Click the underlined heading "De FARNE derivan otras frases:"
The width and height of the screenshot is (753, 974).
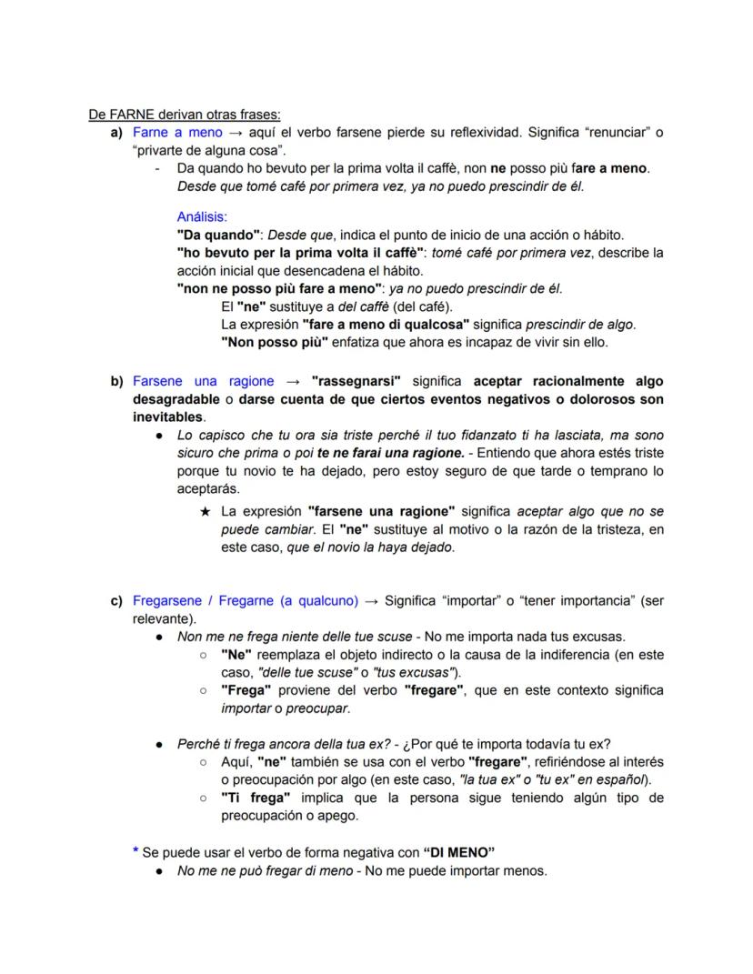pos(185,115)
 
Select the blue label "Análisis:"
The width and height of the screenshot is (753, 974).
pos(202,217)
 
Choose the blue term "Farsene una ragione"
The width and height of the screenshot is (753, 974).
pos(204,381)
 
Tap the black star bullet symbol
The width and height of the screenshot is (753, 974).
pos(206,511)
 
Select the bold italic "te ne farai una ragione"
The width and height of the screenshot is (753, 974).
pos(392,453)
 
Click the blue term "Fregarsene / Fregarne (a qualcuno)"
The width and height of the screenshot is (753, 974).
pos(246,600)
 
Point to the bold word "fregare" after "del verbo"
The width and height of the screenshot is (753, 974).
pos(435,690)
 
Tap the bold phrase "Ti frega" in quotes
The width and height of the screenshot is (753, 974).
pos(249,798)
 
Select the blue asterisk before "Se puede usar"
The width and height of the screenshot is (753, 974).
pos(136,852)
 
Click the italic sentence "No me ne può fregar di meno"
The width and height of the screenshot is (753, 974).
pos(268,870)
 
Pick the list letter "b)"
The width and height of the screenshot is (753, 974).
pos(116,381)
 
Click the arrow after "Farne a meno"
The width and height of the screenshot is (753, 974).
pos(232,133)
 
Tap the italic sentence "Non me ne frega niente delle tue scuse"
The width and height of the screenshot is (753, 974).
pos(293,637)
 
